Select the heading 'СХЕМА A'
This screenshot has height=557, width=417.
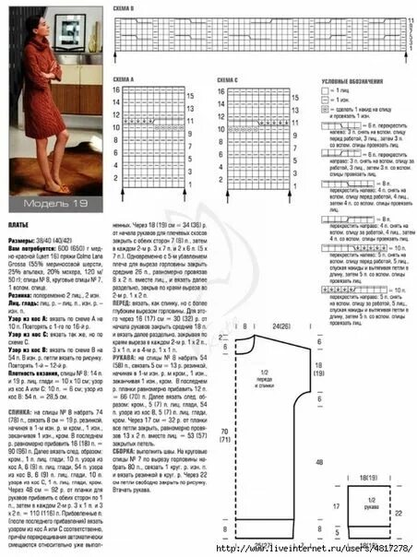coord(123,81)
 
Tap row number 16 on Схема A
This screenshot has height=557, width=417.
coord(117,90)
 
